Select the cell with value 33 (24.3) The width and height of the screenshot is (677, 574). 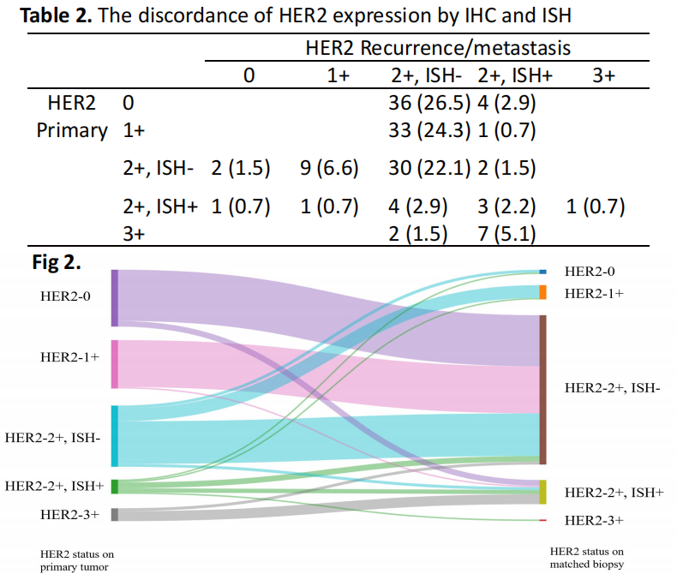[x=429, y=131]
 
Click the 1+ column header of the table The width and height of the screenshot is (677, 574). [x=339, y=75]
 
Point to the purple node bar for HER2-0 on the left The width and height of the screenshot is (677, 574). [x=115, y=297]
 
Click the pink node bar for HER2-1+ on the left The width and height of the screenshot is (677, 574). [x=115, y=364]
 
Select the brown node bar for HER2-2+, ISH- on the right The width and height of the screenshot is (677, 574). [x=542, y=390]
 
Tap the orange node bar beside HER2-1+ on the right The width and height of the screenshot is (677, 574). [x=542, y=292]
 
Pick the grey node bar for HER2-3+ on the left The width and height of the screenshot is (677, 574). [x=115, y=515]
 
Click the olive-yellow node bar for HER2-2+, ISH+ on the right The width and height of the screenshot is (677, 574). [x=542, y=492]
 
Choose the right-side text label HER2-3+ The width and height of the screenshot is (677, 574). [x=593, y=520]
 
